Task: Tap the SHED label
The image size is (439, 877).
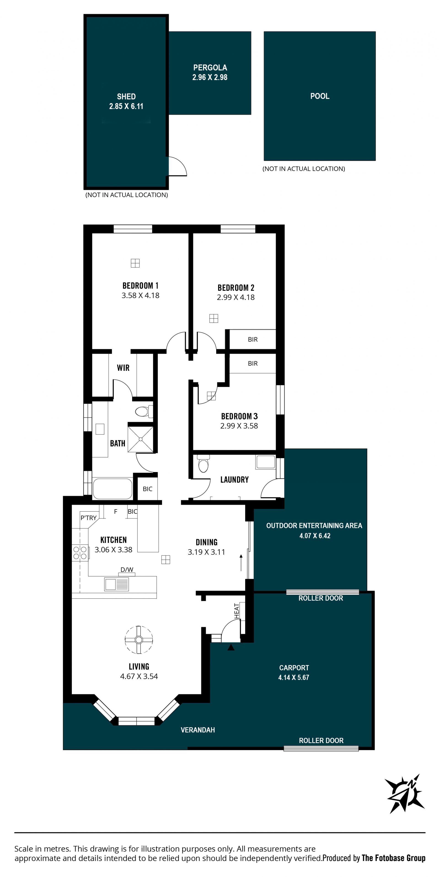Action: [126, 96]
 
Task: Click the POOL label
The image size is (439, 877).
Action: [319, 96]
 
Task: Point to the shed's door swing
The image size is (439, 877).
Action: [177, 166]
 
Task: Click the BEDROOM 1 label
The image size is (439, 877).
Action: [140, 285]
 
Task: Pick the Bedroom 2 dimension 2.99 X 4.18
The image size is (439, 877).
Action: [236, 297]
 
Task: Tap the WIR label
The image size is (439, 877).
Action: [123, 368]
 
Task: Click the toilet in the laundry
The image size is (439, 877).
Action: [203, 464]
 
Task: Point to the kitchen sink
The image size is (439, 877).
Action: [116, 584]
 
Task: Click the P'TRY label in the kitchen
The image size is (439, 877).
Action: [88, 518]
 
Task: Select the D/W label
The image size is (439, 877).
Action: [127, 570]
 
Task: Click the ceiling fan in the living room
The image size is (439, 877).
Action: [139, 640]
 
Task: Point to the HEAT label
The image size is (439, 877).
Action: [237, 611]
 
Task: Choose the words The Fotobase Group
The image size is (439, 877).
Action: [393, 858]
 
